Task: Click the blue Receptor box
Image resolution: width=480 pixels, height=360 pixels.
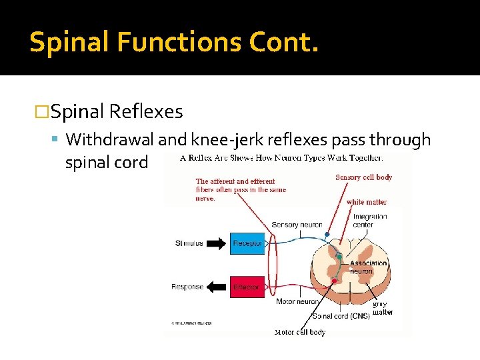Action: [247, 244]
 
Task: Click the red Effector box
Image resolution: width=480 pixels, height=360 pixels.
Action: [247, 287]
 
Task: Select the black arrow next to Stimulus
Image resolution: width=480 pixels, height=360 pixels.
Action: [216, 243]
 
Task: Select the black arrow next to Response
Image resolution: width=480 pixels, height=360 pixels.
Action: [216, 287]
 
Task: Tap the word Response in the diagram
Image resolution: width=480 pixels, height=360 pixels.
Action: [187, 287]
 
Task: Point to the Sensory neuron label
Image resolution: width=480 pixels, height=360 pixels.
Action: [297, 225]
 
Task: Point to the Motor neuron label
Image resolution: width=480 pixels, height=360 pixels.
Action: [297, 301]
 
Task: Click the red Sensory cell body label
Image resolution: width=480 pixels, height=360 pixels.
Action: [363, 177]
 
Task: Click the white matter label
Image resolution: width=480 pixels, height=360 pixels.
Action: [366, 202]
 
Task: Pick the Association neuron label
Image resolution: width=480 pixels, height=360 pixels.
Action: [369, 267]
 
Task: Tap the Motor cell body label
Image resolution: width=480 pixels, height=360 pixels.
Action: [300, 332]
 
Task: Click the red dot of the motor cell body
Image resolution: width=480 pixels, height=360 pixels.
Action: [334, 281]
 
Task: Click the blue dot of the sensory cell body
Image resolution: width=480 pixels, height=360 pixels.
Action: [327, 234]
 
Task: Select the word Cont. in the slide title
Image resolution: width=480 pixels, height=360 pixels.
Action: [285, 42]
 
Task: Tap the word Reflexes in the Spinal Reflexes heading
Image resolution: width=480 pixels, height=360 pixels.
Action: [145, 111]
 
